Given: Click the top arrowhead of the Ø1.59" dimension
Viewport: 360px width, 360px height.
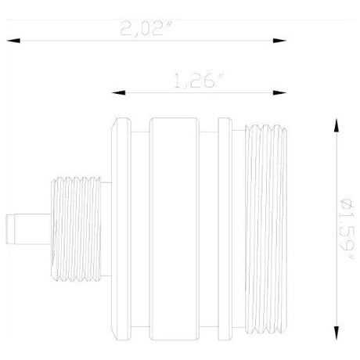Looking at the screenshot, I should [x=337, y=124].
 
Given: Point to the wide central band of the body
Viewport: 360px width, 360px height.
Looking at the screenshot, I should [x=180, y=227].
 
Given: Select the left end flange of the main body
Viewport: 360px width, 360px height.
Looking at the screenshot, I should [x=122, y=227].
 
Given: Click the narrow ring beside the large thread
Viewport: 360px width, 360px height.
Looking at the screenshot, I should [x=225, y=227].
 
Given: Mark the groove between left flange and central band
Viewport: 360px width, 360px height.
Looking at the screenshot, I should [x=139, y=227].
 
